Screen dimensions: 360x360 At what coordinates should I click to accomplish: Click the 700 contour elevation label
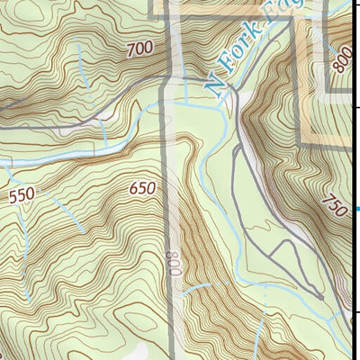pyautogui.click(x=139, y=49)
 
